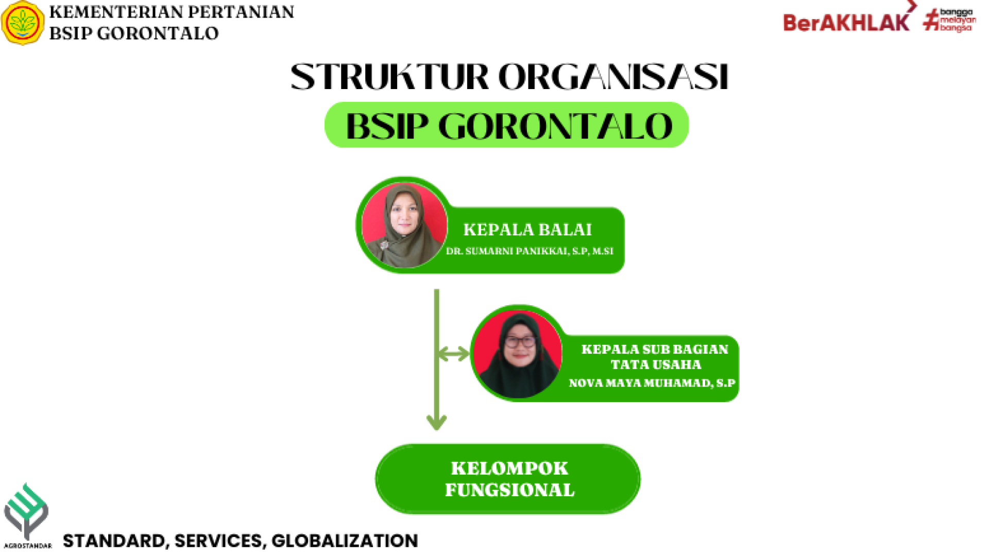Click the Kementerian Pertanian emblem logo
[x=23, y=23]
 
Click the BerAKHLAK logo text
[x=846, y=23]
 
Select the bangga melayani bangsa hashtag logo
[x=949, y=21]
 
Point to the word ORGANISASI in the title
[x=613, y=77]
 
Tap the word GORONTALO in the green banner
[x=556, y=126]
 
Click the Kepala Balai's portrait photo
[x=404, y=225]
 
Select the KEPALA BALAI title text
[x=527, y=230]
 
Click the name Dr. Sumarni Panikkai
[x=506, y=251]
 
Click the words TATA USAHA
[x=656, y=364]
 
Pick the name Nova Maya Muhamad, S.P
[x=652, y=383]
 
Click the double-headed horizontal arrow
[x=454, y=354]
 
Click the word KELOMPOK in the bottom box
[x=509, y=468]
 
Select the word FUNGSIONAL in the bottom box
[x=509, y=490]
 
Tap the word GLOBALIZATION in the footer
[x=345, y=541]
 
